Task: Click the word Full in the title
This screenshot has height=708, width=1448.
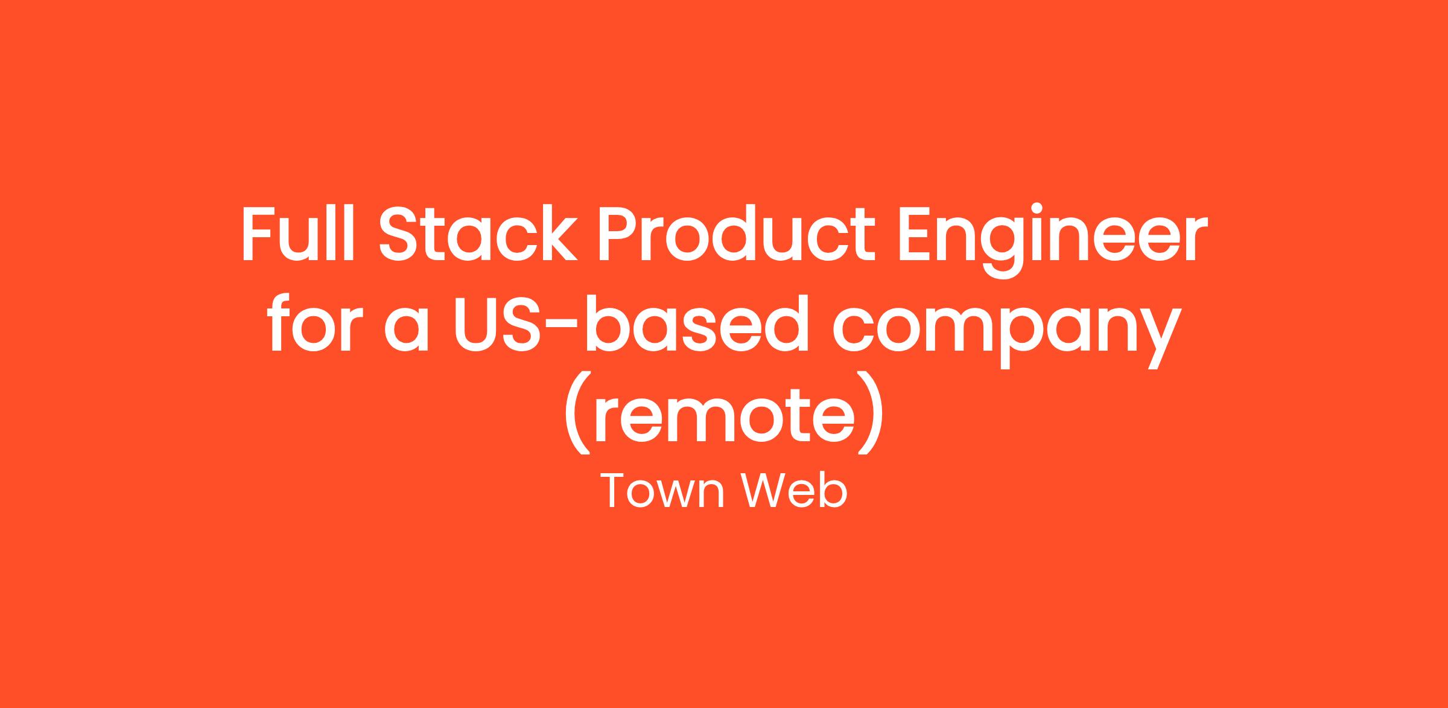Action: [297, 234]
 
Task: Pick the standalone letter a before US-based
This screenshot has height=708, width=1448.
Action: [407, 331]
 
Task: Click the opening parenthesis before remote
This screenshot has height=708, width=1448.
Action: [576, 412]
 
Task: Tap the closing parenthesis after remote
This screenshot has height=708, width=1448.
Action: [871, 412]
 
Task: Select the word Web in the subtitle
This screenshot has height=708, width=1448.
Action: [795, 490]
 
